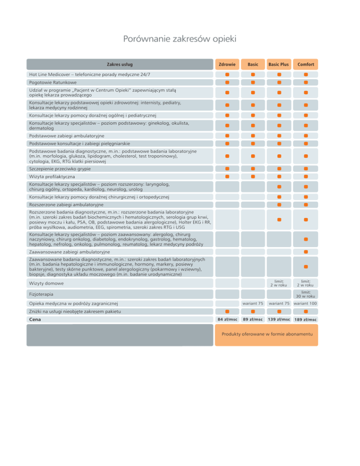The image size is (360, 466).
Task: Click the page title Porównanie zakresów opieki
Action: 180,38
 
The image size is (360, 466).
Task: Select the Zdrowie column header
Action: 227,64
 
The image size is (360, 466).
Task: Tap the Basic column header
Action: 253,64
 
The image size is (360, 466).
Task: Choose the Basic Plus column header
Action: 279,64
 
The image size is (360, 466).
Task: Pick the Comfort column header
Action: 305,64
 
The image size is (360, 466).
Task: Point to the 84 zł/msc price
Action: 227,320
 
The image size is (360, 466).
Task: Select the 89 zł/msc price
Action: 253,320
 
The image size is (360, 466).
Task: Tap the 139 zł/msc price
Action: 279,320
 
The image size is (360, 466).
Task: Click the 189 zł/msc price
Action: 305,320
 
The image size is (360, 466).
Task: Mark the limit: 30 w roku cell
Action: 305,294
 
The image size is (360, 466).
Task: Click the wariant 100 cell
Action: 305,304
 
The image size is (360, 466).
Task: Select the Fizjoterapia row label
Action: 41,294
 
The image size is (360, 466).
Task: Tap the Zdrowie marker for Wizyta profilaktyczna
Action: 227,177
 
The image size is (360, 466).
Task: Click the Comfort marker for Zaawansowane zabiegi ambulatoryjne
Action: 305,252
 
